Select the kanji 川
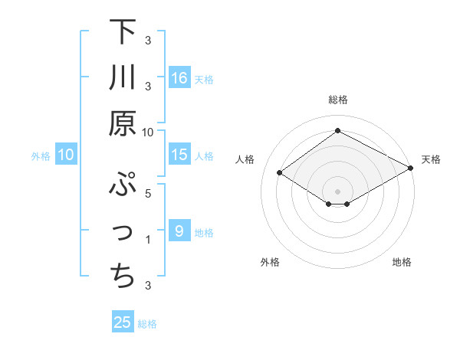coord(123,77)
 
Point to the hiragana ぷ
coord(123,184)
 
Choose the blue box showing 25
coord(123,322)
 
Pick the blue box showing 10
coord(66,155)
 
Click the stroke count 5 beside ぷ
coord(148,194)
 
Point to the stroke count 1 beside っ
coord(148,241)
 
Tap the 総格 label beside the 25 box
coord(148,324)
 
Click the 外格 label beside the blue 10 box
coord(41,156)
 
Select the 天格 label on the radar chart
coord(431,159)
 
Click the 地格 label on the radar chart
coord(402,262)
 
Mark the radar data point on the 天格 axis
coord(411,169)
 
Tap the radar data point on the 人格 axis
coord(280,173)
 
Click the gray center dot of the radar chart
coord(337,190)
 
